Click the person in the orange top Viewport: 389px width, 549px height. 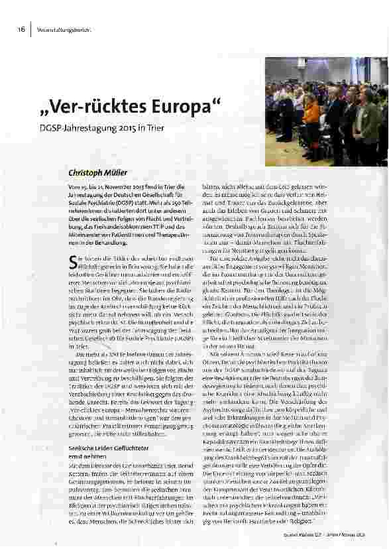click(311, 113)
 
